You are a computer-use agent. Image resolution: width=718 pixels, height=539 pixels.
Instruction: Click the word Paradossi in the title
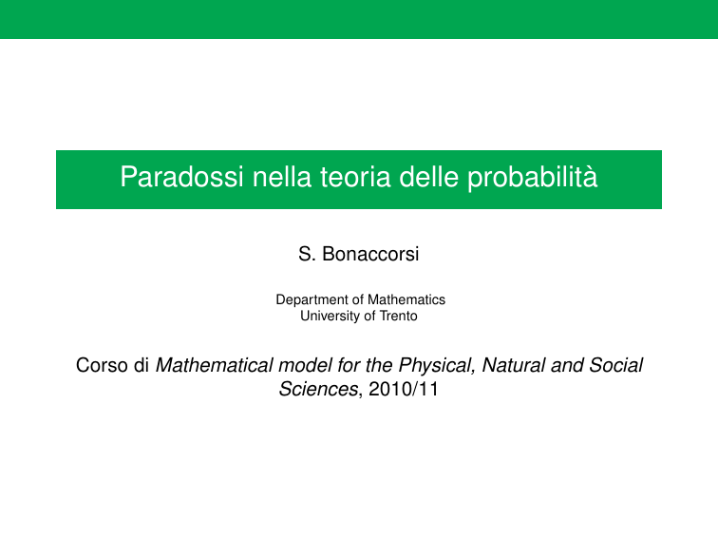click(181, 177)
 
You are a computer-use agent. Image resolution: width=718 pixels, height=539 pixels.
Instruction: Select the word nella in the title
click(282, 177)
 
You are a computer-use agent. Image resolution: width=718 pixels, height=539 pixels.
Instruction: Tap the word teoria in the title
click(355, 177)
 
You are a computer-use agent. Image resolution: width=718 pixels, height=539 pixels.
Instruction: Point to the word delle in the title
click(428, 177)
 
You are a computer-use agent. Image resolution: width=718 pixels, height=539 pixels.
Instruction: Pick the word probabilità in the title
click(533, 179)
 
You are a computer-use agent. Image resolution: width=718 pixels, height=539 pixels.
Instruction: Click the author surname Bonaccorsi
click(370, 254)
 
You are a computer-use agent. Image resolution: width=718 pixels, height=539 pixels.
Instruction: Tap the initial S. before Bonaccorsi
click(307, 254)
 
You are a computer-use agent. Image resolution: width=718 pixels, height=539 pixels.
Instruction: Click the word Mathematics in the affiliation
click(406, 299)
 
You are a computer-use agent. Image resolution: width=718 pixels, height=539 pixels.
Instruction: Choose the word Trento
click(398, 316)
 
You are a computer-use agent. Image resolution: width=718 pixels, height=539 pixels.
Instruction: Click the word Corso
click(102, 365)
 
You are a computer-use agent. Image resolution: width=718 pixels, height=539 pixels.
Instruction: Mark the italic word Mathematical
click(215, 365)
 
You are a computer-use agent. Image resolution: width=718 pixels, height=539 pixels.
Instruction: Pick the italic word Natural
click(514, 365)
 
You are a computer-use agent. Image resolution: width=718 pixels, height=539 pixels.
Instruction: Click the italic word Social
click(615, 365)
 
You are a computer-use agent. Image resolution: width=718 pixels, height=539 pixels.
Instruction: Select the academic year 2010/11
click(404, 389)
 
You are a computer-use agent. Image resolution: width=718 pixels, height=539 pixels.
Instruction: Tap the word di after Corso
click(142, 365)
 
